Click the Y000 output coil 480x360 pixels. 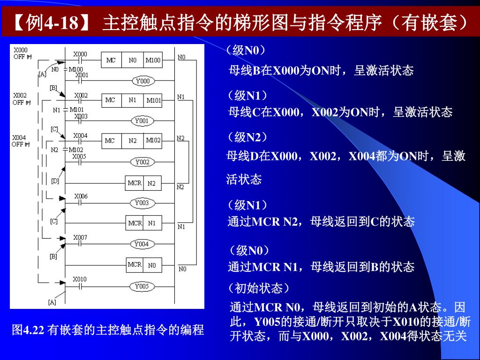coord(142,81)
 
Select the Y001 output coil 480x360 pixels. coord(142,121)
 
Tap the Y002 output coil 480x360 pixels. coord(142,162)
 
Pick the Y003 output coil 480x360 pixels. coord(142,203)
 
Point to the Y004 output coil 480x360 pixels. coord(142,244)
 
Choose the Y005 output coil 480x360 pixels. coord(142,286)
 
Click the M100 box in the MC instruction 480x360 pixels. coord(153,60)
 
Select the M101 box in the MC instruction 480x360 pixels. coord(153,100)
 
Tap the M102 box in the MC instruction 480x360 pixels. coord(153,141)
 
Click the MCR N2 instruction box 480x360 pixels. coord(143,183)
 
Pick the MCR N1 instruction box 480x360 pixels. coord(143,223)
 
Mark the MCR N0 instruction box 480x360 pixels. coord(143,265)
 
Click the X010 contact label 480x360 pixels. coord(80,279)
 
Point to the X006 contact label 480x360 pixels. coord(81,196)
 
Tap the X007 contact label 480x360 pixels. coord(80,238)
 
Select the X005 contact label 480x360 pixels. coord(80,156)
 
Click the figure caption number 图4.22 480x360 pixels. coord(28,330)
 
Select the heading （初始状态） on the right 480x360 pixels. coord(258,287)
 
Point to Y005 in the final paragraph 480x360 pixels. coord(267,322)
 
